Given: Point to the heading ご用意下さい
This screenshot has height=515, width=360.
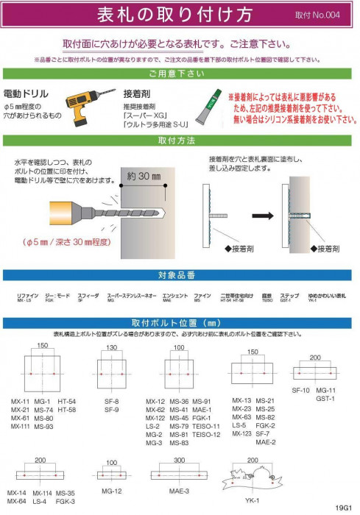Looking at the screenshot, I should point(180,74).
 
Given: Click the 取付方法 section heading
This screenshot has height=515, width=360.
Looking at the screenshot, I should point(180,140).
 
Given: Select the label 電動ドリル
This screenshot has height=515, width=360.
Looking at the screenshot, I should point(27,94).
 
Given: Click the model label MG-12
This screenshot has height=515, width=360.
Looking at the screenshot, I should point(111,491).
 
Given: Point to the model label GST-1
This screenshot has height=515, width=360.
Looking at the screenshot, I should point(325,398).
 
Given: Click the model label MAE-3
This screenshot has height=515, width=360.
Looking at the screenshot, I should point(180,491).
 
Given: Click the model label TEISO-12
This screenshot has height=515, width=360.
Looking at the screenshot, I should point(207,435).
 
